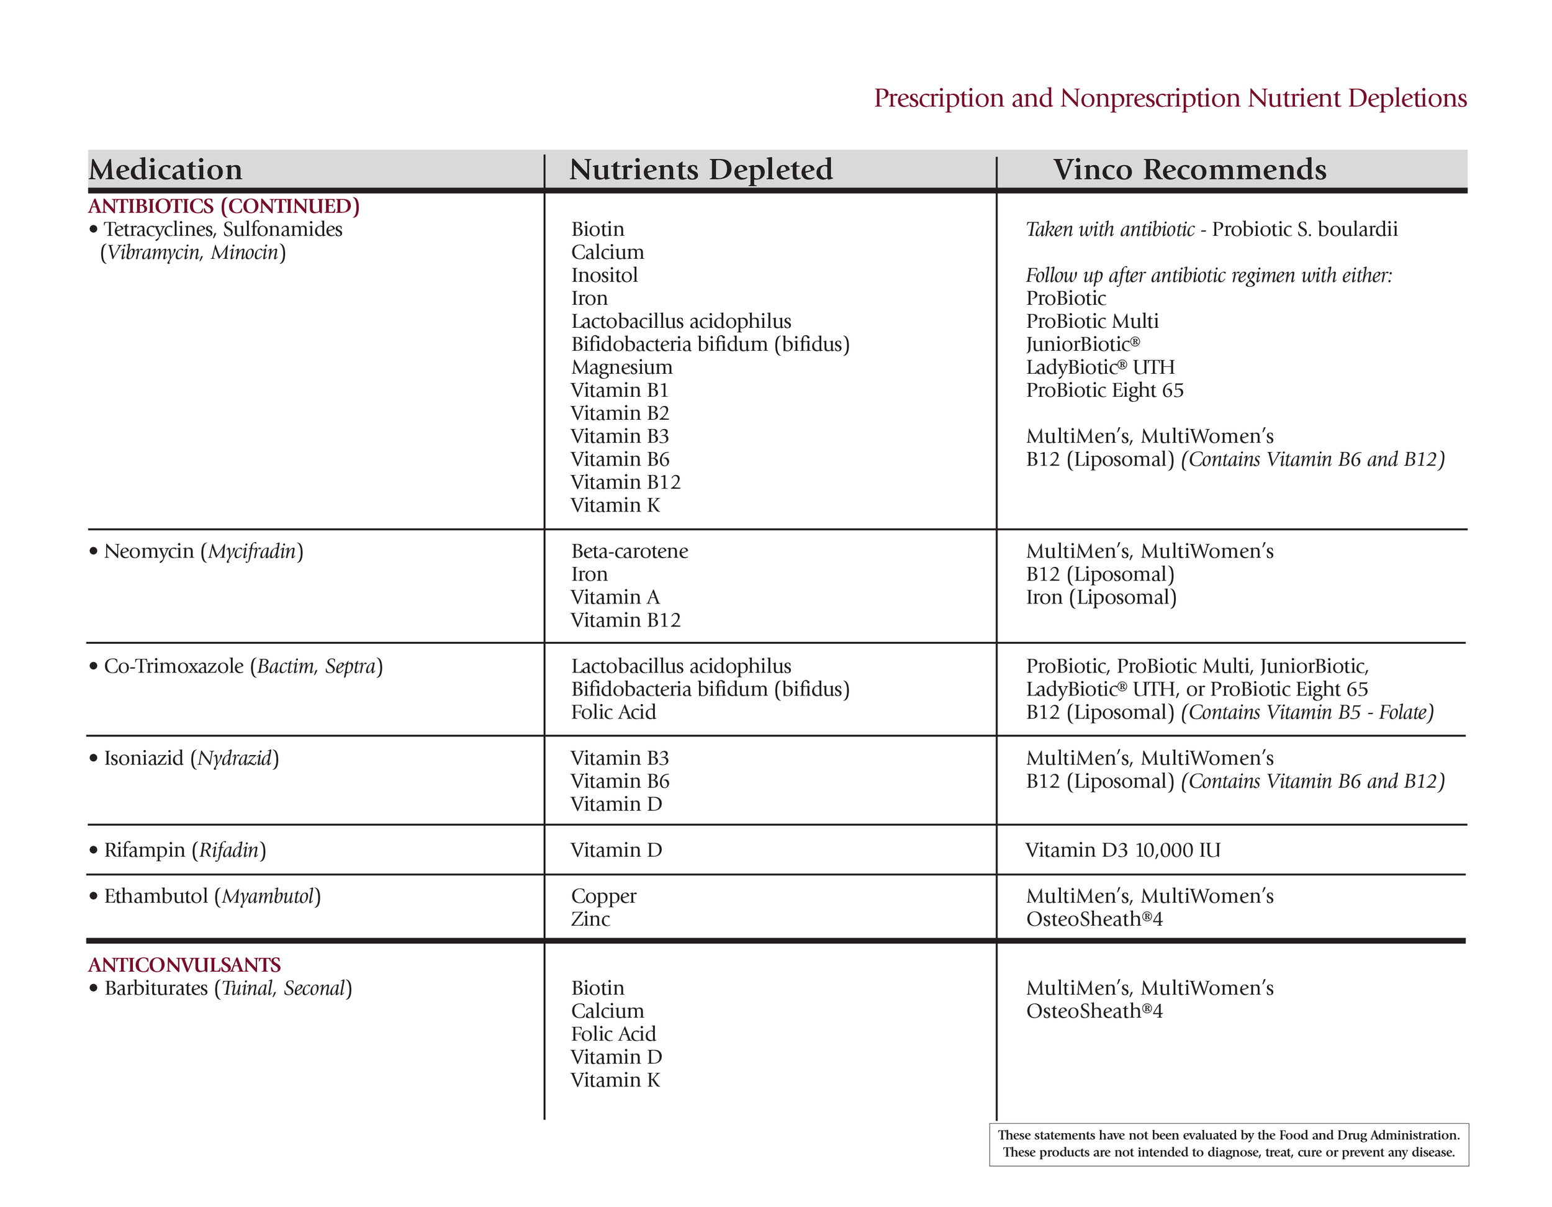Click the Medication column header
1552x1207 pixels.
pyautogui.click(x=166, y=170)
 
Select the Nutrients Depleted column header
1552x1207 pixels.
pyautogui.click(x=701, y=170)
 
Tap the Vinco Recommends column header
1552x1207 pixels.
pyautogui.click(x=1189, y=170)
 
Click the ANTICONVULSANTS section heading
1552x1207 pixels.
pyautogui.click(x=185, y=965)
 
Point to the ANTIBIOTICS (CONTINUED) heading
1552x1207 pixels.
pyautogui.click(x=224, y=206)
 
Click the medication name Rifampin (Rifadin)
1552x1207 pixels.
pyautogui.click(x=185, y=850)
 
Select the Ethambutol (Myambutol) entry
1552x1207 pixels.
pyautogui.click(x=212, y=897)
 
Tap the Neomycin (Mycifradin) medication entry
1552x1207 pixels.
pyautogui.click(x=203, y=551)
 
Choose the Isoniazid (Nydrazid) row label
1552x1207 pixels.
pyautogui.click(x=191, y=759)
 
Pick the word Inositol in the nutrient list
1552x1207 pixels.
pyautogui.click(x=604, y=276)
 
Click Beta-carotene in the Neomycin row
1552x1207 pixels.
pyautogui.click(x=629, y=551)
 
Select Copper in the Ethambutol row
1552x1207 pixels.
pyautogui.click(x=603, y=897)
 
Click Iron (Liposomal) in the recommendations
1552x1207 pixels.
pyautogui.click(x=1101, y=598)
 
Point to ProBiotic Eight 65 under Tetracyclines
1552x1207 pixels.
pyautogui.click(x=1104, y=391)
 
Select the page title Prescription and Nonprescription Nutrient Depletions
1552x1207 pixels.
pyautogui.click(x=1170, y=98)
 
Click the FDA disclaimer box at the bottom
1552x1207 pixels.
pyautogui.click(x=1228, y=1144)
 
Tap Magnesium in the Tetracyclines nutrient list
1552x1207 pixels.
pyautogui.click(x=621, y=368)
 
